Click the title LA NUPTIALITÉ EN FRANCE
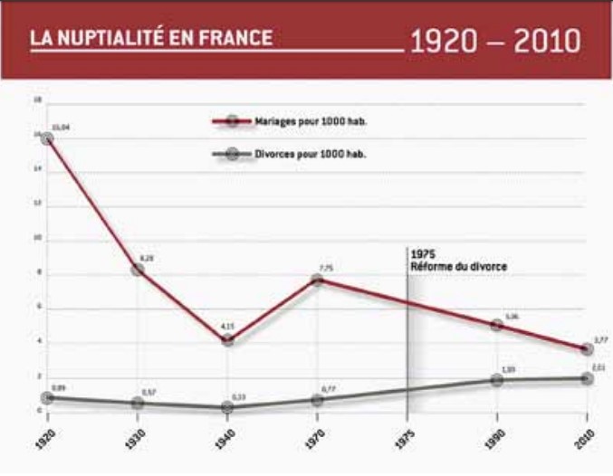(x=150, y=39)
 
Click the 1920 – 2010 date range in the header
(x=495, y=40)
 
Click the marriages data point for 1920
(x=45, y=138)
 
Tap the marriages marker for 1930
(x=137, y=270)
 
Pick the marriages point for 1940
(x=226, y=341)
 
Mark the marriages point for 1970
(x=317, y=280)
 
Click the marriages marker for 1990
(x=496, y=325)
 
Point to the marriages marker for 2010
(x=587, y=350)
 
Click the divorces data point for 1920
(x=45, y=397)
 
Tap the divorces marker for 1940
(x=226, y=407)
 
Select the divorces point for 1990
(x=496, y=380)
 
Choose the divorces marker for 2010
(x=587, y=378)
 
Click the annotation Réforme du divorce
(x=458, y=267)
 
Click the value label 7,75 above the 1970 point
(x=326, y=267)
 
